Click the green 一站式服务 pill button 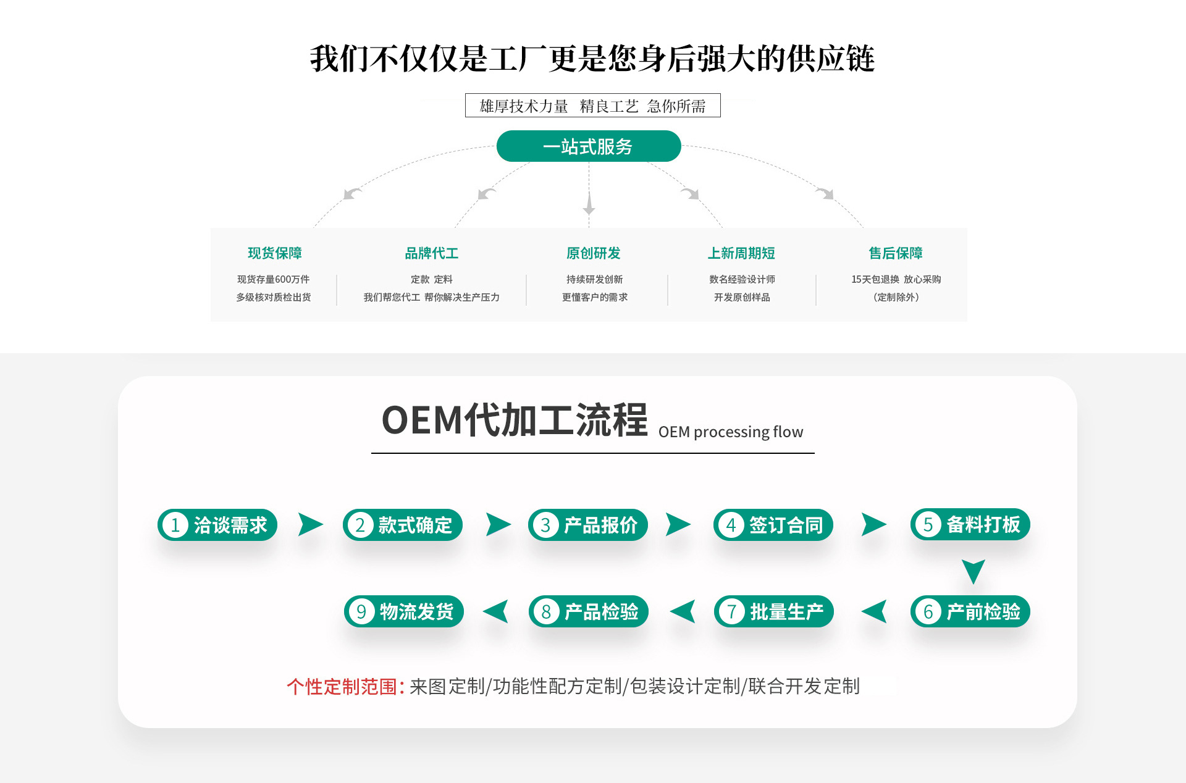[x=588, y=146]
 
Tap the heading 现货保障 [x=275, y=253]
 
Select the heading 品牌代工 [x=432, y=253]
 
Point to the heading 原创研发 [x=594, y=253]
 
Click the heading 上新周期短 [x=741, y=253]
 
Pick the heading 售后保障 [x=896, y=253]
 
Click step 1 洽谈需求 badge [x=217, y=525]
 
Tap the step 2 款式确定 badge [x=403, y=525]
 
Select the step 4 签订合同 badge [x=773, y=525]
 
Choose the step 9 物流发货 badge [x=404, y=611]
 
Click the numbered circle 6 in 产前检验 [x=928, y=612]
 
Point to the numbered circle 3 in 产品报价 [x=545, y=525]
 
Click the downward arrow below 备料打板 [x=973, y=571]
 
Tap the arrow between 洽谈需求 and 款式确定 [x=310, y=524]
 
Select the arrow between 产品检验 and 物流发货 [x=496, y=611]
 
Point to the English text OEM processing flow [x=731, y=432]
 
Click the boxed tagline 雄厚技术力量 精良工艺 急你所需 [x=592, y=106]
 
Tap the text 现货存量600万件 [x=274, y=280]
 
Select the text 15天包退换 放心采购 [x=896, y=280]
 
